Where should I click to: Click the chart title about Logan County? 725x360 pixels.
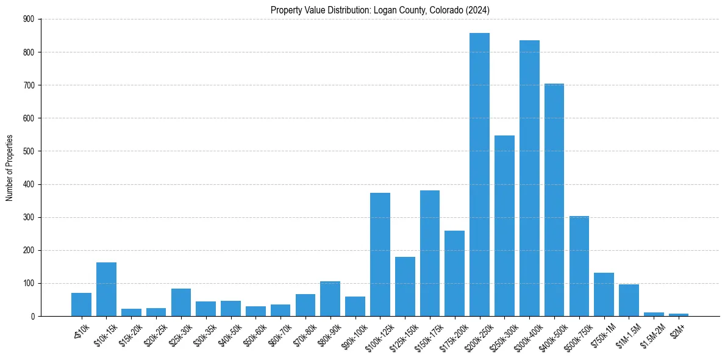pyautogui.click(x=380, y=10)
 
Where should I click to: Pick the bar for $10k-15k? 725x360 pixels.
pyautogui.click(x=106, y=289)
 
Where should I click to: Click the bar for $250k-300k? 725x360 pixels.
pyautogui.click(x=504, y=226)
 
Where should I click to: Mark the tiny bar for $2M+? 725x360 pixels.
pyautogui.click(x=679, y=315)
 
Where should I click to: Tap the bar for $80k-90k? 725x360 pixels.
pyautogui.click(x=330, y=299)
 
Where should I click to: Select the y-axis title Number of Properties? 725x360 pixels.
pyautogui.click(x=9, y=168)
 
